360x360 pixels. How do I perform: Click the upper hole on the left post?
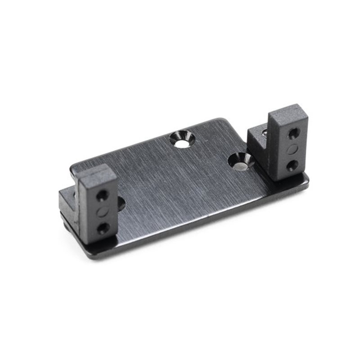point(103,195)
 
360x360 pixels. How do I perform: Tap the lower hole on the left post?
point(103,227)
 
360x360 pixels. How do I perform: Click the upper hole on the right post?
point(293,133)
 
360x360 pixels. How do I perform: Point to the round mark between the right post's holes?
point(292,149)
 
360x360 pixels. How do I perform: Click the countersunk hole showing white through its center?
point(183,139)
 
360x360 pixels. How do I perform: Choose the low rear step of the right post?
point(256,135)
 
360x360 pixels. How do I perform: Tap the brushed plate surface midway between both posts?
point(189,189)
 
